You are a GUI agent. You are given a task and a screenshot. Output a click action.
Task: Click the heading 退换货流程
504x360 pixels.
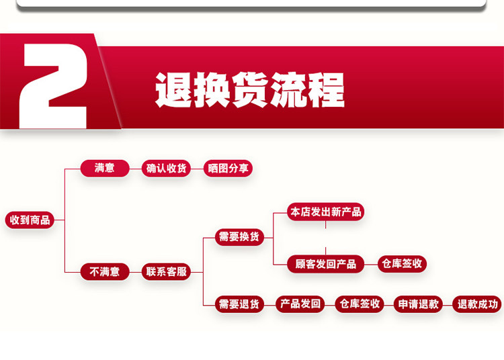(250, 90)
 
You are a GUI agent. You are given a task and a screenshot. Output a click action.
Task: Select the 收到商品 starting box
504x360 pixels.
(30, 220)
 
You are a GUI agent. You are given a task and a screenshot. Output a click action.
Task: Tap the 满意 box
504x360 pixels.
(104, 168)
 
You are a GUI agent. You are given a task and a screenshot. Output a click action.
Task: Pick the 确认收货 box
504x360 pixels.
(167, 168)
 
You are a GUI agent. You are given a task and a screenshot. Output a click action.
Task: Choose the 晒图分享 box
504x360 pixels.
(228, 168)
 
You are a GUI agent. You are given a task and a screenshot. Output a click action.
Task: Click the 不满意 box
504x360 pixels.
(104, 272)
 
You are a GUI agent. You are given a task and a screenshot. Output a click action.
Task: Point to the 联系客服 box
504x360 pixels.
(167, 272)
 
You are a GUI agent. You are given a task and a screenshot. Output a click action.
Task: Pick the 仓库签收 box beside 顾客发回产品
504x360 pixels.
(402, 264)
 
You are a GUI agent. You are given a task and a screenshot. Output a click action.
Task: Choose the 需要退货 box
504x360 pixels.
(239, 304)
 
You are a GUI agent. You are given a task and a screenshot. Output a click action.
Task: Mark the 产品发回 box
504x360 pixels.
(301, 304)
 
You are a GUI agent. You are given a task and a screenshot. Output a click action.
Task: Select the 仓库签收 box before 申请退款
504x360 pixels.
(359, 304)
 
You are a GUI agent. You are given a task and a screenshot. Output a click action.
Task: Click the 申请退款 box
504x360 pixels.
(417, 304)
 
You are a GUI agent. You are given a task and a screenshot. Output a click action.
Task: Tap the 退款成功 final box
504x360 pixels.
(476, 304)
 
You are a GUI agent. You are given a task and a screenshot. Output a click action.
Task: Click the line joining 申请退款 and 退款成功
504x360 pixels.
(447, 304)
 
